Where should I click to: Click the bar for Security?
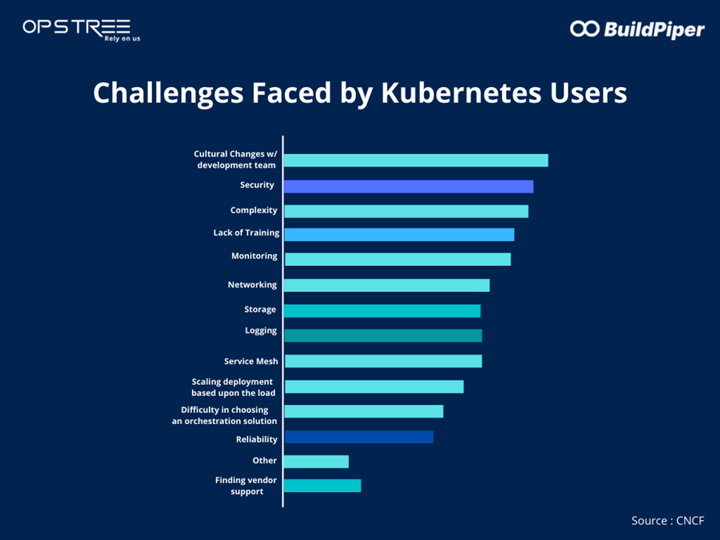[408, 186]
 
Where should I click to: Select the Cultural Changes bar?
[416, 160]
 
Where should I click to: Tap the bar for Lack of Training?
[399, 234]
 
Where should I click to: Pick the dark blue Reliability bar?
[359, 437]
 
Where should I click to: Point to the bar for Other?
[316, 462]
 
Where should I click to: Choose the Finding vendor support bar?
[322, 485]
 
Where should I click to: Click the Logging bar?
[383, 335]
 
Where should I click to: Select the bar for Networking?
[386, 285]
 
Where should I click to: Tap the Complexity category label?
[253, 211]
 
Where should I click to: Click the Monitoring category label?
[254, 256]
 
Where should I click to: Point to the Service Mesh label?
[251, 361]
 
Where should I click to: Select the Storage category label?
[260, 310]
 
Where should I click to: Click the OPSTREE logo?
[78, 28]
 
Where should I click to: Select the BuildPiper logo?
[637, 29]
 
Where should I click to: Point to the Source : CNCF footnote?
[668, 521]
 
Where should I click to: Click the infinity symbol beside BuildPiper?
[584, 28]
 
